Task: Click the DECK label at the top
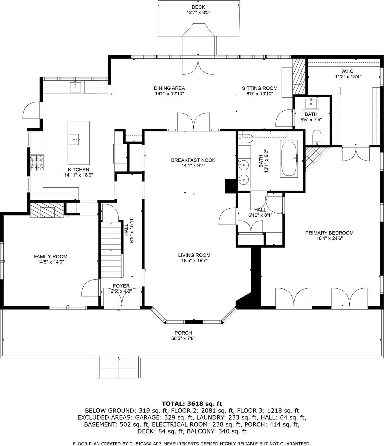[x=198, y=7]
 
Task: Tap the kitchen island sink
[x=74, y=140]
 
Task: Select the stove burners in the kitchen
[x=37, y=163]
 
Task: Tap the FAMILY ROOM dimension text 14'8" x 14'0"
[x=50, y=262]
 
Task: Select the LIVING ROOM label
[x=194, y=255]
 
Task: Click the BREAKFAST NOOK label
[x=193, y=160]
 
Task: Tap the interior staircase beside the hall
[x=111, y=249]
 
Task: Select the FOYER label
[x=121, y=286]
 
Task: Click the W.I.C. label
[x=348, y=71]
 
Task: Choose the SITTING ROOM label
[x=259, y=88]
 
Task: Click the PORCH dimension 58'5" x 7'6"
[x=183, y=338]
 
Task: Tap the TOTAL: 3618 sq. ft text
[x=192, y=404]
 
